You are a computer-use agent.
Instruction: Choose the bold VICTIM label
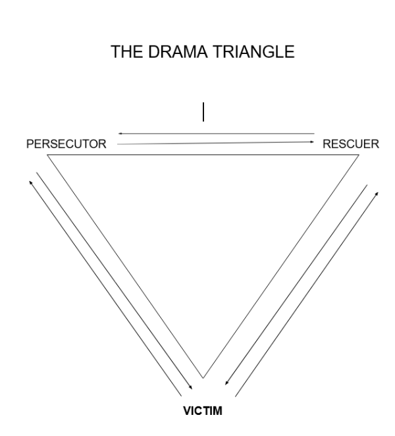coord(203,412)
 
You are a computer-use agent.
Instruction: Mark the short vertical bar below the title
coord(203,112)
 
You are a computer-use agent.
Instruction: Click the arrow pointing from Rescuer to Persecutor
coord(217,134)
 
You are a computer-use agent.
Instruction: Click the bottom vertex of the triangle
coord(203,378)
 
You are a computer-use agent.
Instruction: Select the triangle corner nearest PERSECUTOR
coord(47,154)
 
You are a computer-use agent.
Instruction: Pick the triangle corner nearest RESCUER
coord(360,154)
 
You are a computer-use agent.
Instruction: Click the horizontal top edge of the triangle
coord(203,154)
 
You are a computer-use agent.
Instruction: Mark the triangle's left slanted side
coord(125,266)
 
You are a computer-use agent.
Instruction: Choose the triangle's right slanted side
coord(281,266)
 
